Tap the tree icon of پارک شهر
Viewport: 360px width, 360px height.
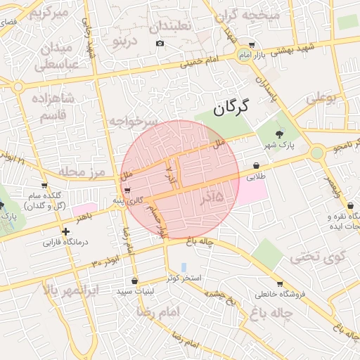(x=280, y=134)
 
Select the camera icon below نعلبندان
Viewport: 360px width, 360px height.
(x=160, y=44)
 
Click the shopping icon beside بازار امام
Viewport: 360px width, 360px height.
(x=252, y=44)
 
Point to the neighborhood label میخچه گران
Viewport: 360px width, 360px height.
(x=252, y=15)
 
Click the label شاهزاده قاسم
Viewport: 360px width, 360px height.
(x=48, y=105)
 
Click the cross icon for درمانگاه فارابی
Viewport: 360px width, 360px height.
(x=65, y=231)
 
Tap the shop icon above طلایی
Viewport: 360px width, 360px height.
(x=255, y=166)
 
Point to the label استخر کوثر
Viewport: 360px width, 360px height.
(x=184, y=278)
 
